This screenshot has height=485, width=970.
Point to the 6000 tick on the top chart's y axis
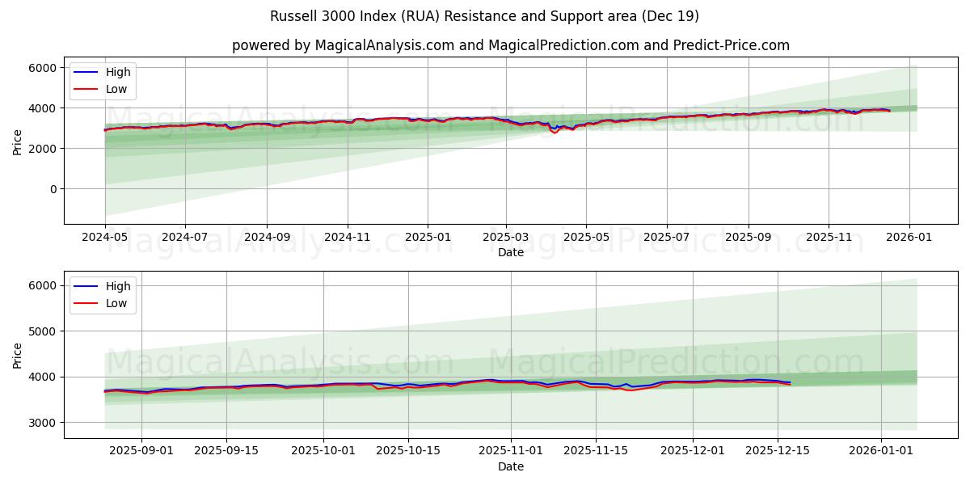pyautogui.click(x=42, y=68)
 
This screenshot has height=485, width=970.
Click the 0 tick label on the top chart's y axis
pyautogui.click(x=53, y=189)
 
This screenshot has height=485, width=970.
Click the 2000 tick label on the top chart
pyautogui.click(x=42, y=149)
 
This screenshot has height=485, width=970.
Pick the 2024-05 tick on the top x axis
pyautogui.click(x=105, y=237)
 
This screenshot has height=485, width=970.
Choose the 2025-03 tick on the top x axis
pyautogui.click(x=506, y=237)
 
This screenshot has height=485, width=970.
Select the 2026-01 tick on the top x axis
pyautogui.click(x=909, y=237)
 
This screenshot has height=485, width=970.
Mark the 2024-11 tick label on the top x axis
pyautogui.click(x=348, y=237)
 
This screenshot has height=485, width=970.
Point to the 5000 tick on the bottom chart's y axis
pyautogui.click(x=42, y=331)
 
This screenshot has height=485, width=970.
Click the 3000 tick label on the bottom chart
pyautogui.click(x=42, y=423)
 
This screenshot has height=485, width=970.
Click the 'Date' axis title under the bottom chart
pyautogui.click(x=510, y=466)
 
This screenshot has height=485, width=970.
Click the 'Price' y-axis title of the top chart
pyautogui.click(x=18, y=142)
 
